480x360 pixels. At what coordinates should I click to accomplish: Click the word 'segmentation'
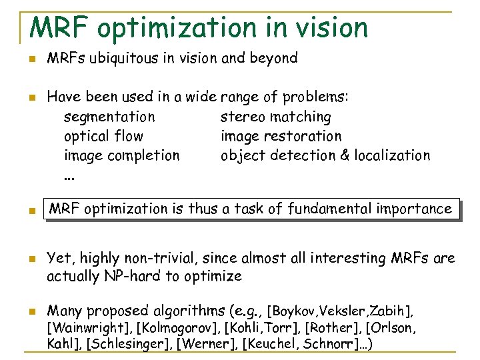click(109, 117)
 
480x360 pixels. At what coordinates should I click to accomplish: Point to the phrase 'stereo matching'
click(275, 117)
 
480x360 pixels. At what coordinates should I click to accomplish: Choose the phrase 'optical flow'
click(103, 137)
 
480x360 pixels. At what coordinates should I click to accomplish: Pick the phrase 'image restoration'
click(281, 137)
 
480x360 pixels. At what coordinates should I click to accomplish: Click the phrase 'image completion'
click(122, 156)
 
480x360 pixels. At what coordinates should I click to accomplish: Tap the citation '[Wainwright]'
click(88, 328)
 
